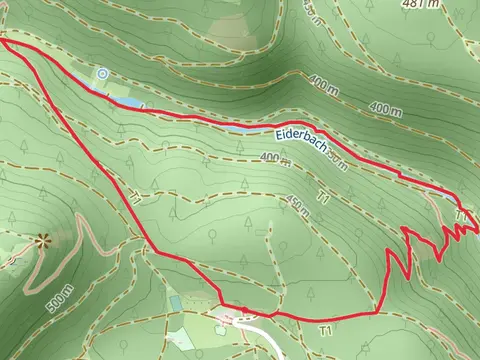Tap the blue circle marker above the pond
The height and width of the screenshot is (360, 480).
point(102,73)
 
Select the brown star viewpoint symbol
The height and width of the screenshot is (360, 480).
point(42,240)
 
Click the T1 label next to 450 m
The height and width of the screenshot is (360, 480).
point(322,199)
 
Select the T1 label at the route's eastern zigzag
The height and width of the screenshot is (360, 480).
point(461,214)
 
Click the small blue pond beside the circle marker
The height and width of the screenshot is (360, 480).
point(128,102)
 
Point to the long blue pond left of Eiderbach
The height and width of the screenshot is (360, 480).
point(245,129)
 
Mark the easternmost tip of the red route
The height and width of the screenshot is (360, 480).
point(477,230)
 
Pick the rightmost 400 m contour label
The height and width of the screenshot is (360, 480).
point(385,107)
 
